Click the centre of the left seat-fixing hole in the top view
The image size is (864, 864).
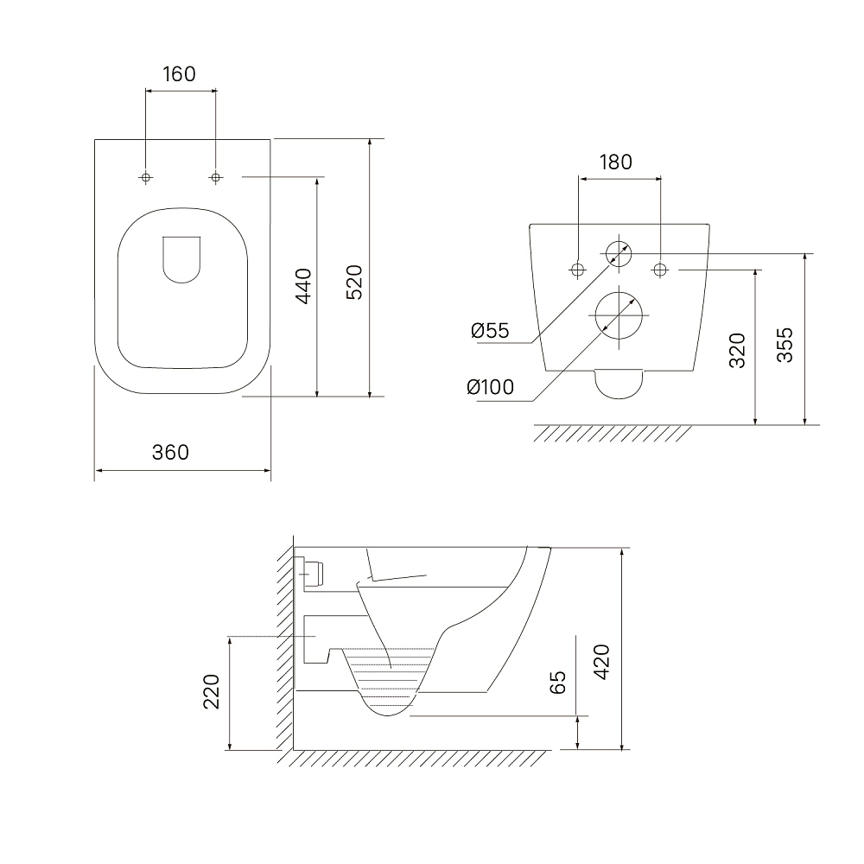click(x=146, y=177)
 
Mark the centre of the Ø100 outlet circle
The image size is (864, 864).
click(x=619, y=315)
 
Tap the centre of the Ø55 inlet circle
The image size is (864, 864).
click(x=619, y=254)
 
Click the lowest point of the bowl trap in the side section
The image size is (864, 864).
click(x=389, y=715)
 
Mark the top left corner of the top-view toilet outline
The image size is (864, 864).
click(x=95, y=139)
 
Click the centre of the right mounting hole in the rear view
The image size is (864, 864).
click(x=660, y=270)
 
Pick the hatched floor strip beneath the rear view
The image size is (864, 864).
click(x=613, y=434)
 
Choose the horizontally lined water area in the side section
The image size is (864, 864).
click(x=389, y=677)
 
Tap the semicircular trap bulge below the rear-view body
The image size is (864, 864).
click(x=619, y=384)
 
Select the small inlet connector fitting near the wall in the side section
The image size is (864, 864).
click(x=313, y=574)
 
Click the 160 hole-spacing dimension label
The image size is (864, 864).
click(x=179, y=73)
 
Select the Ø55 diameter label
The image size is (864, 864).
click(x=491, y=331)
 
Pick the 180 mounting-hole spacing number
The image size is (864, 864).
click(x=615, y=162)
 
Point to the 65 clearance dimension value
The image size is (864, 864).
click(x=557, y=683)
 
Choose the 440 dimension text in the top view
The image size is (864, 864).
click(x=303, y=286)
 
